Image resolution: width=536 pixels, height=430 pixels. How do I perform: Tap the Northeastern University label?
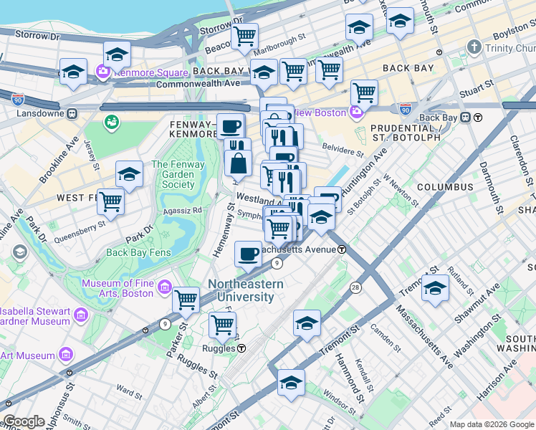pos(245,290)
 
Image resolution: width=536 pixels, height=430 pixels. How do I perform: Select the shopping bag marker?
pos(237,163)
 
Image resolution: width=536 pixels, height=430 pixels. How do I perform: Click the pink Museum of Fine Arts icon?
pos(165,288)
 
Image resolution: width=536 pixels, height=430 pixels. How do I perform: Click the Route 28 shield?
pos(355,287)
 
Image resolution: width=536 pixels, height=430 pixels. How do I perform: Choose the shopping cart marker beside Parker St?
pos(186,299)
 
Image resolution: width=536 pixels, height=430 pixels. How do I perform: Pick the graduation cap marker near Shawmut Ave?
pos(435,289)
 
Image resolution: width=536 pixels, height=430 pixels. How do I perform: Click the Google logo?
pos(24,421)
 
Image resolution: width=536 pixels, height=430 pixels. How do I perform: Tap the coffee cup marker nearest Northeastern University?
pos(248,253)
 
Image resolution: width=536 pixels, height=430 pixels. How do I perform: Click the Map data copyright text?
pos(492,424)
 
